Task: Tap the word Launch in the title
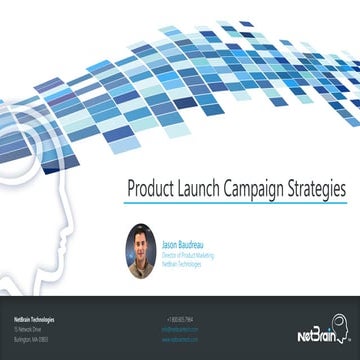click(203, 188)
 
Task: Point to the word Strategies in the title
click(319, 188)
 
